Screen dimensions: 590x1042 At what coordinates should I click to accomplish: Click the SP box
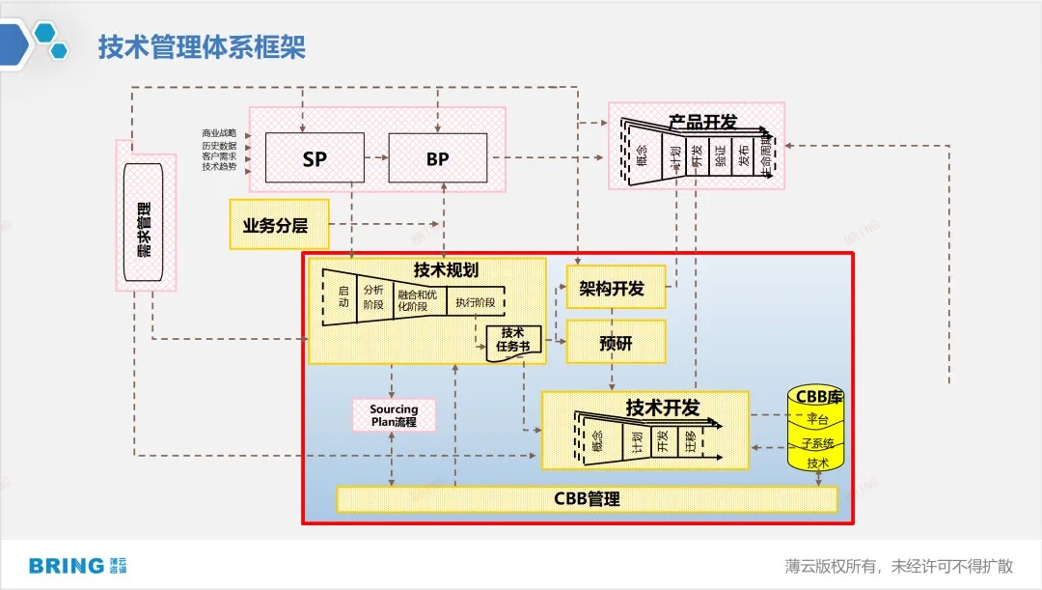click(x=315, y=158)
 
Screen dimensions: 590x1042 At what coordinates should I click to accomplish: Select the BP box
click(x=437, y=158)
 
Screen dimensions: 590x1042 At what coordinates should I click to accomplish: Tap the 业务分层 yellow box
click(x=279, y=225)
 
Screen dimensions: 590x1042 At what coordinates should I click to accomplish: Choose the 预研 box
click(x=616, y=342)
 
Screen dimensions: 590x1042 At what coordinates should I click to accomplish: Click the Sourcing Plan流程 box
click(x=394, y=416)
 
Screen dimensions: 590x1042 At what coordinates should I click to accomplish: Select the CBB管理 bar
click(x=587, y=499)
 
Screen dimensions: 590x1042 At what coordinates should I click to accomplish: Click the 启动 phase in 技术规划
click(x=342, y=295)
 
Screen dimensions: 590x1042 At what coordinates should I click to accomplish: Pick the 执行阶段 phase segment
click(x=476, y=302)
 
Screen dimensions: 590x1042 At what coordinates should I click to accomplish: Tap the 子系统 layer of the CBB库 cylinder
click(x=817, y=442)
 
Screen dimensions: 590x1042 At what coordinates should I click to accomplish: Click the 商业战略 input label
click(x=219, y=133)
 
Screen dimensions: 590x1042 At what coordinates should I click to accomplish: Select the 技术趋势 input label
click(x=219, y=167)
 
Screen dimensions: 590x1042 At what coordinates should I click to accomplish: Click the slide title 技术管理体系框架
click(x=202, y=47)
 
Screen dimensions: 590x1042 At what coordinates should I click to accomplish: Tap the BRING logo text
click(x=66, y=566)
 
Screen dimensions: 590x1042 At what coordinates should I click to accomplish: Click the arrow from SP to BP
click(x=375, y=157)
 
